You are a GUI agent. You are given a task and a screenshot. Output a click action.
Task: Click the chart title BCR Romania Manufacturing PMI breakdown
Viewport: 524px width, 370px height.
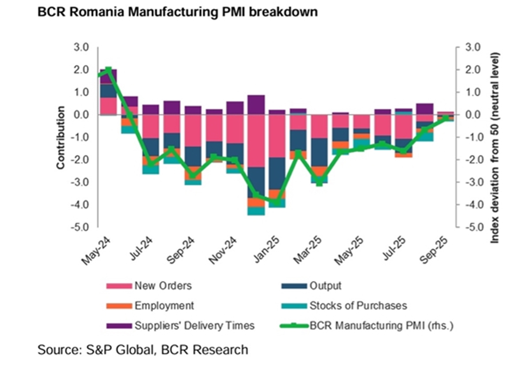click(x=177, y=12)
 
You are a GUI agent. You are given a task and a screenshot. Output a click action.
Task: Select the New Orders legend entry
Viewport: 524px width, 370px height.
click(x=163, y=286)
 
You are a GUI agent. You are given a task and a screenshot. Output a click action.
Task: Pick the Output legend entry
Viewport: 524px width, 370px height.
click(x=325, y=286)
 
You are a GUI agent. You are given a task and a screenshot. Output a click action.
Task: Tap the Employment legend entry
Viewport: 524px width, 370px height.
click(x=164, y=306)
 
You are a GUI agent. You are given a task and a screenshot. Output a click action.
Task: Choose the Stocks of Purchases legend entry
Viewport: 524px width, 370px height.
click(x=358, y=306)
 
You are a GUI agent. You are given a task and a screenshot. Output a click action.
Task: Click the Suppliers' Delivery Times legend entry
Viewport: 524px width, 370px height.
click(x=194, y=326)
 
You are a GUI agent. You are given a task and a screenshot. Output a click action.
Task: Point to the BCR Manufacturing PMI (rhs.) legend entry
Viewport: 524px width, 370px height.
click(x=381, y=326)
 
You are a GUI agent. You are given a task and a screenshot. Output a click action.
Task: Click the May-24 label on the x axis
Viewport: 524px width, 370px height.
click(x=96, y=251)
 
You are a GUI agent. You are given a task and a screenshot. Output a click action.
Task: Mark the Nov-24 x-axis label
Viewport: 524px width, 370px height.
click(x=223, y=250)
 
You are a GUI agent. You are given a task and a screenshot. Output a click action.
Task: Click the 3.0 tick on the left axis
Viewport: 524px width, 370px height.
click(x=81, y=47)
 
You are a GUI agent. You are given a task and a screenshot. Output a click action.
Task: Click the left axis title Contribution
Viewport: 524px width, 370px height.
click(x=61, y=137)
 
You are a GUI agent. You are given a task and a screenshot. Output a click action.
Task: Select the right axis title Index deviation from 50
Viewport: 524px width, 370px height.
click(x=495, y=148)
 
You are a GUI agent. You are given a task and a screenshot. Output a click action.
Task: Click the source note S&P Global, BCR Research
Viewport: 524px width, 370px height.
click(x=143, y=350)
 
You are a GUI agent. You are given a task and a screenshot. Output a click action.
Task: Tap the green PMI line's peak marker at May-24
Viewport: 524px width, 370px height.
click(x=108, y=70)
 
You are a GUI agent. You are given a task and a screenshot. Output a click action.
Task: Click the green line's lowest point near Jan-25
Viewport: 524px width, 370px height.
click(x=277, y=202)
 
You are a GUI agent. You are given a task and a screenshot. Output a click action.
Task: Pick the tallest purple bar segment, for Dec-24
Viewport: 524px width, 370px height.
click(x=256, y=105)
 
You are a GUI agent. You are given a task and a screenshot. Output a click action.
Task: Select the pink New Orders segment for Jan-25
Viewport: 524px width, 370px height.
click(x=277, y=136)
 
